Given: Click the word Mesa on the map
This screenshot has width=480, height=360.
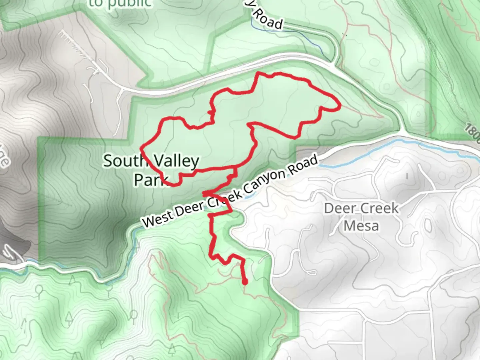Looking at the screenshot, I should (361, 226).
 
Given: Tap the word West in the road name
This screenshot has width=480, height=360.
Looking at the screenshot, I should (156, 219).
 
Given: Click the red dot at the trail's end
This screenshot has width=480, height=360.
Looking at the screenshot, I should (245, 283).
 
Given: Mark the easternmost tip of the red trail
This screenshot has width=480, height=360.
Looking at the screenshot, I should (339, 107).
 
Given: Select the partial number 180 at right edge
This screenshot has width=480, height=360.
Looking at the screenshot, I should (473, 133).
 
